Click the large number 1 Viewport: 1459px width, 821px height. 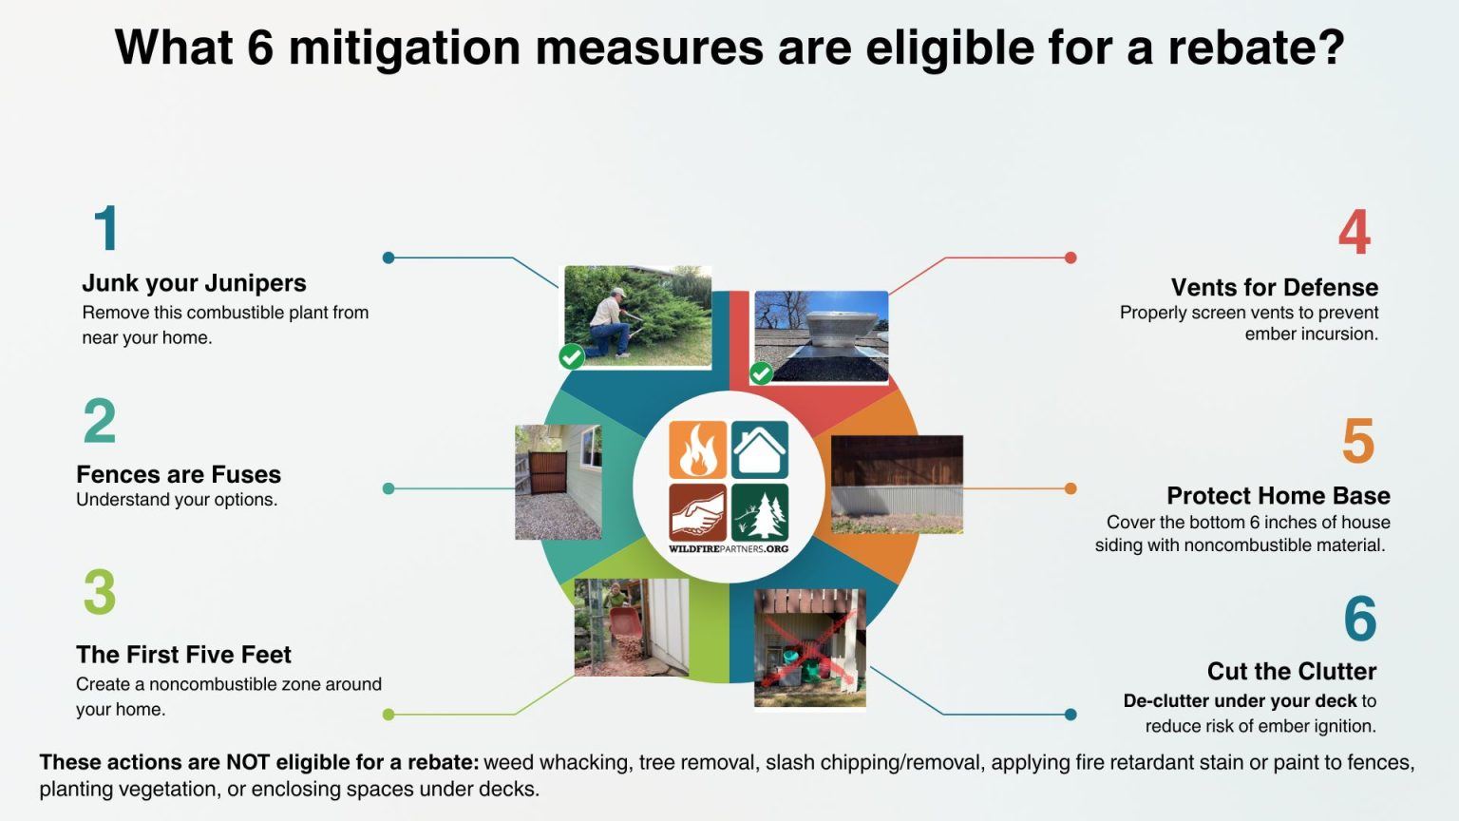coord(106,229)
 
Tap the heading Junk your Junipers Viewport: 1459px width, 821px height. coord(194,283)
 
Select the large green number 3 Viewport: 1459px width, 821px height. coord(100,592)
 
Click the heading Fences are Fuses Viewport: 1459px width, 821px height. coord(179,474)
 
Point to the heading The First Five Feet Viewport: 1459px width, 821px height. coord(183,655)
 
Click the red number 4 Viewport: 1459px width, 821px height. coord(1354,233)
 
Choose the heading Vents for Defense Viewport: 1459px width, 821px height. coord(1274,287)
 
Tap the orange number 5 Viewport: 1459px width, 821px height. coord(1357,441)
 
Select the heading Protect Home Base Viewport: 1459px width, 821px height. coord(1278,495)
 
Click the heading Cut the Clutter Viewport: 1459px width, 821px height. coord(1291,671)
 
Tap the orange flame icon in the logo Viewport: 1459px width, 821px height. coord(697,449)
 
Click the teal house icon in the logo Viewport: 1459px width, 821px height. coord(760,449)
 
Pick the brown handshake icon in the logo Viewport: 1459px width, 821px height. coord(697,512)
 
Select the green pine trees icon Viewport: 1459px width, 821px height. coord(760,512)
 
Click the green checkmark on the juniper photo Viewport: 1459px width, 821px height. coord(571,356)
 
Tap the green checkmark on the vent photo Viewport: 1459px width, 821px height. coord(761,373)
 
